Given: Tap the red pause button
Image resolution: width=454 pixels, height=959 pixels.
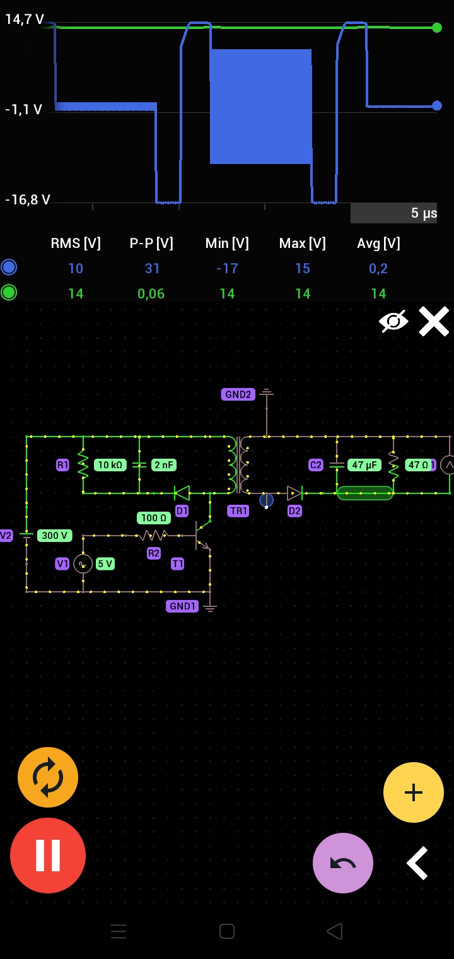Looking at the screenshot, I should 48,855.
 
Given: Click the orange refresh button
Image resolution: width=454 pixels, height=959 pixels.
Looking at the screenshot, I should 48,777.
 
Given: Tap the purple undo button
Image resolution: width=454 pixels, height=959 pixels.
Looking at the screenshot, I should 342,862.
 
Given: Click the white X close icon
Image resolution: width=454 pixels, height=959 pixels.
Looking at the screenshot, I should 434,322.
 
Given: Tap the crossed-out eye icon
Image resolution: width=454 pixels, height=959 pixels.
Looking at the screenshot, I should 393,322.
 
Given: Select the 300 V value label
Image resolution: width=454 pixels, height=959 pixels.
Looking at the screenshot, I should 54,536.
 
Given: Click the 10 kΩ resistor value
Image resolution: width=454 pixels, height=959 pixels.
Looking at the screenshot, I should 110,465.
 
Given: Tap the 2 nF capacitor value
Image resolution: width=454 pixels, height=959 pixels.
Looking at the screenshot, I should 163,465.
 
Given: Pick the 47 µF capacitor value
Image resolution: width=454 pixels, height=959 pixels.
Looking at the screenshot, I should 364,465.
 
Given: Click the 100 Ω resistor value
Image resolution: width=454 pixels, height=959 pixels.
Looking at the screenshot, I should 154,518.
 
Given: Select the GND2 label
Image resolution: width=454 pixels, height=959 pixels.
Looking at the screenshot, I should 238,394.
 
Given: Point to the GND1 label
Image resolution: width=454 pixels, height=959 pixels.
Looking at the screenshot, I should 182,606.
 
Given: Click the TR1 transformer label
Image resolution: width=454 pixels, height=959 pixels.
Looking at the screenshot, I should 238,510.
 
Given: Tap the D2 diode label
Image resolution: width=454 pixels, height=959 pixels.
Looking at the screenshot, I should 294,510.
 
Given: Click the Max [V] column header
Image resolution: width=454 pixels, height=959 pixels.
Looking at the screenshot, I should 302,244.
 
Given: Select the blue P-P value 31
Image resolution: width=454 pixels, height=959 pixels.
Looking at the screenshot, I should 152,268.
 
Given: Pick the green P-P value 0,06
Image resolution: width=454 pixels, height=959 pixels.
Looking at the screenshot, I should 151,293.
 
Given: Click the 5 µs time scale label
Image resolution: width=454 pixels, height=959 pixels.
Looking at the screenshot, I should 424,213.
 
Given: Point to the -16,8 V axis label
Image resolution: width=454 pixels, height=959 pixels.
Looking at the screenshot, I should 28,200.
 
